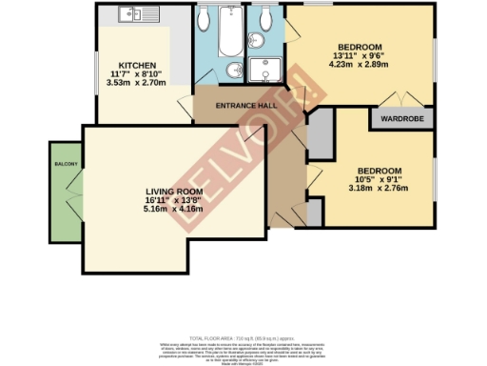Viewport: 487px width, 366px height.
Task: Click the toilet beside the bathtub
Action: click(205, 20)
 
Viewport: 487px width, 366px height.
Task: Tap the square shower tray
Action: click(262, 71)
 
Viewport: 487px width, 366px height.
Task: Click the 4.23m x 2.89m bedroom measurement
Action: click(358, 65)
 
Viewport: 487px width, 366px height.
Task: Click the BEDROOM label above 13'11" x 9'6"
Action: click(359, 47)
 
